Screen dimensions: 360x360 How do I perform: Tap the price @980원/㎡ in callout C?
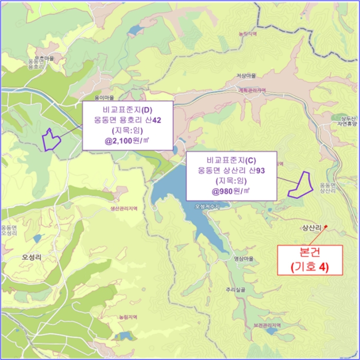(231, 191)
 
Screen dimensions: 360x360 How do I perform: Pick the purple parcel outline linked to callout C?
(300, 185)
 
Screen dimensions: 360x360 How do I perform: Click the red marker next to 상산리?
(326, 227)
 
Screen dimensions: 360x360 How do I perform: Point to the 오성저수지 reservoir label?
(207, 206)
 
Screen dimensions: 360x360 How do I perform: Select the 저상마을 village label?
(246, 76)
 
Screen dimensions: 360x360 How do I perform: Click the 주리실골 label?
(235, 290)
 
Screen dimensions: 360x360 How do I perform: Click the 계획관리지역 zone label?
(252, 90)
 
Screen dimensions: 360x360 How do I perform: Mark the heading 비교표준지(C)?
(231, 159)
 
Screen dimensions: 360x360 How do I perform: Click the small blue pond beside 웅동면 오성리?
(37, 238)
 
